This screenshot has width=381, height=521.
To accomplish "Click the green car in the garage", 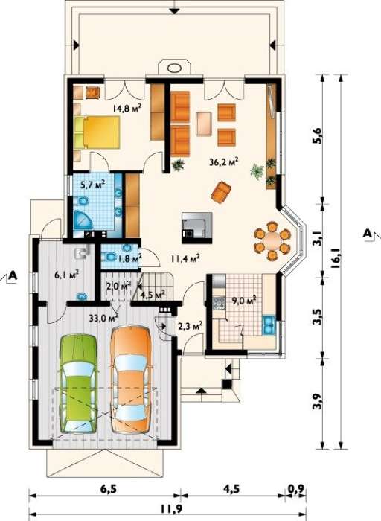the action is pos(79,384).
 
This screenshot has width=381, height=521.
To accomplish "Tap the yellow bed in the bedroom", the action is pos(97,132).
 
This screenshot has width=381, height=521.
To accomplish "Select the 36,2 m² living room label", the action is pos(224,162).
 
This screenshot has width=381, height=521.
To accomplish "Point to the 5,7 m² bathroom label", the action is pos(93,184).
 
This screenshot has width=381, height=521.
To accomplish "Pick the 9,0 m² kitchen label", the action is pos(244,301).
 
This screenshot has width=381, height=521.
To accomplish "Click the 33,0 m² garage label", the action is pos(104,318).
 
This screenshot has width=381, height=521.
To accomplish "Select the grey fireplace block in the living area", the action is pos(196,226).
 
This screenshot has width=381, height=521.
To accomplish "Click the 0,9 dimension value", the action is pos(295,489).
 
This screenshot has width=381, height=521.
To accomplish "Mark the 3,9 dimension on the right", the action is pos(317,401).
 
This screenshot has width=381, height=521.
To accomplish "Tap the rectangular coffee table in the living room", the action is pos(204,124).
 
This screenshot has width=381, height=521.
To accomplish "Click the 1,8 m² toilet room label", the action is pos(129,258).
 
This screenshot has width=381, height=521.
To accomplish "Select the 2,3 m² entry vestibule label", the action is pos(190,327).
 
